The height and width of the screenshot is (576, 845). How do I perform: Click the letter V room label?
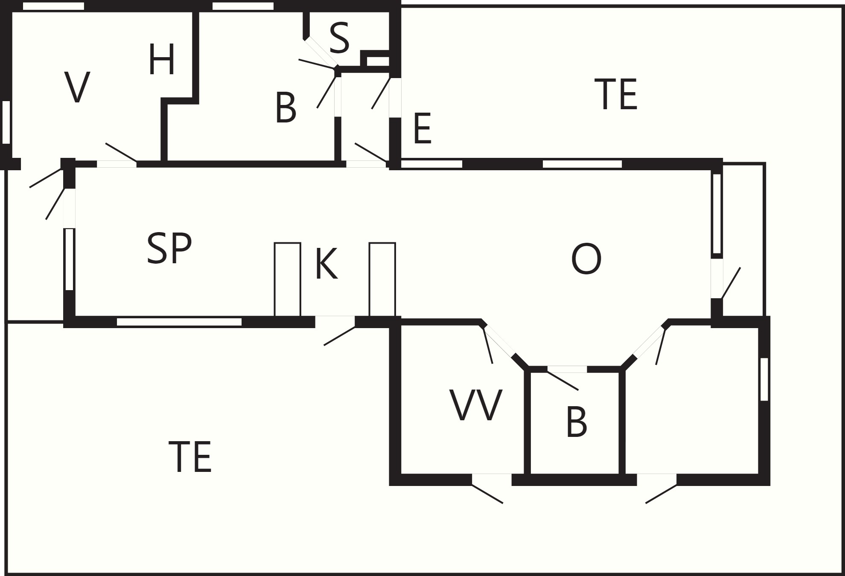[77, 87]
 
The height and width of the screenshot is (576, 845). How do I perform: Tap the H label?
[162, 60]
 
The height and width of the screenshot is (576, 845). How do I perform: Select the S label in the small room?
[339, 38]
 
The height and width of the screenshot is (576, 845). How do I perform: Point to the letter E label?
[422, 128]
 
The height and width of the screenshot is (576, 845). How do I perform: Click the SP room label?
[169, 249]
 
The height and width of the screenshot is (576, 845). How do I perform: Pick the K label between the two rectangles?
[326, 264]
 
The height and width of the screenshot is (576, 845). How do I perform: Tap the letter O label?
[586, 259]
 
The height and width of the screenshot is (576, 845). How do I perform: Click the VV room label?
[476, 405]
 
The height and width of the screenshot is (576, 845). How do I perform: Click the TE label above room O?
[616, 94]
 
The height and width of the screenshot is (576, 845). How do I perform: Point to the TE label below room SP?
[190, 457]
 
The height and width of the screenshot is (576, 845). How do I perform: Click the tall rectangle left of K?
[288, 279]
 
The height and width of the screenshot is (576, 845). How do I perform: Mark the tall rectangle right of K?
[382, 279]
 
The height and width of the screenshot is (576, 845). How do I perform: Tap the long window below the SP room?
[179, 322]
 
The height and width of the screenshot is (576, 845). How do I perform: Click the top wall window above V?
[53, 6]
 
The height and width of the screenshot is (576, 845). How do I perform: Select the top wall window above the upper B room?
[243, 6]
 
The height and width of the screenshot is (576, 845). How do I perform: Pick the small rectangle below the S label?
[378, 61]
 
